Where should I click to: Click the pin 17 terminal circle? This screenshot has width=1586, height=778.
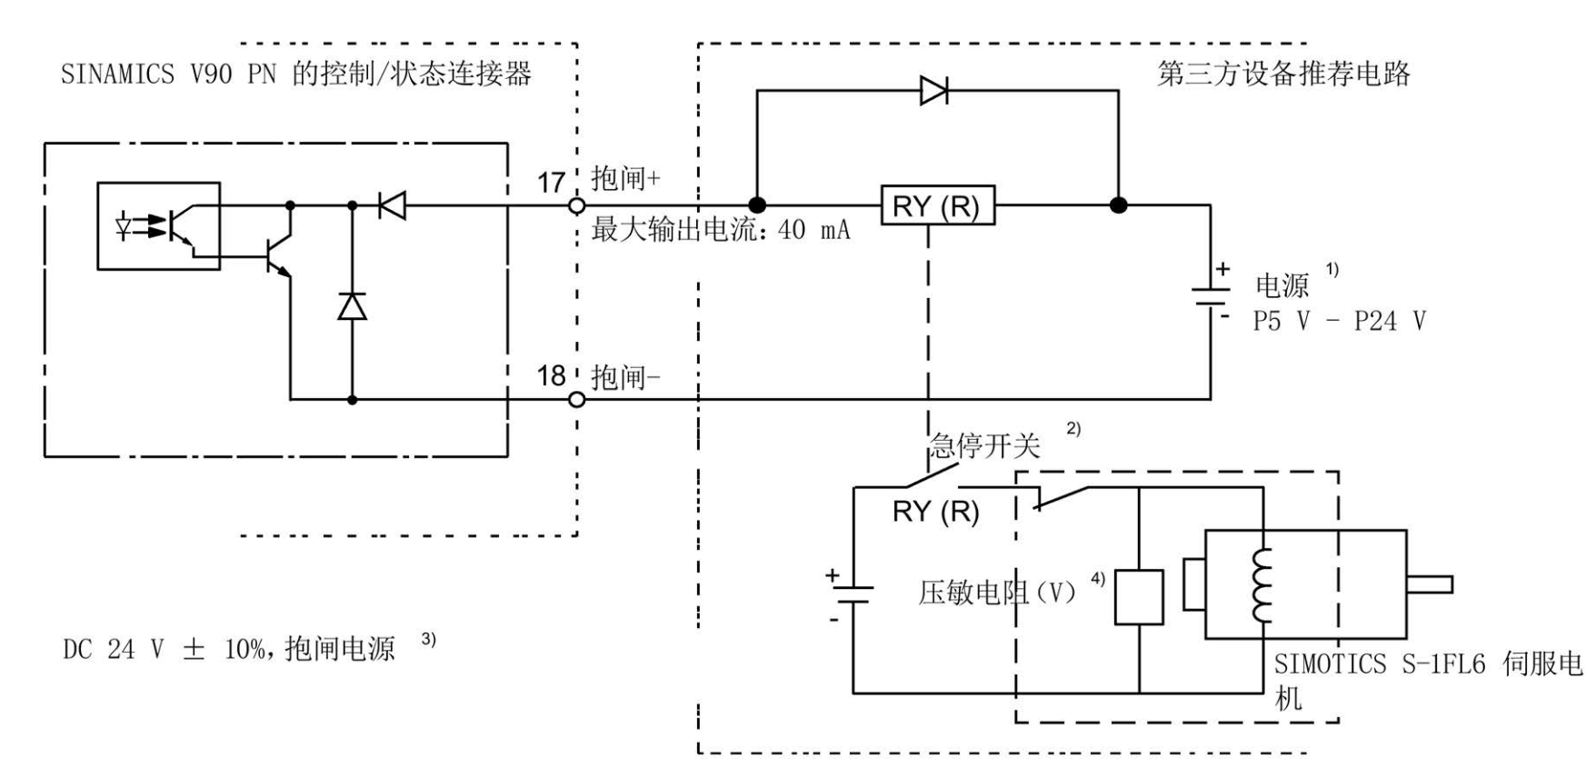click(x=576, y=206)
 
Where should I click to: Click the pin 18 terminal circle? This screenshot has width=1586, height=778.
click(x=576, y=399)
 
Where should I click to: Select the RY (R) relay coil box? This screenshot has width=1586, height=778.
click(x=937, y=206)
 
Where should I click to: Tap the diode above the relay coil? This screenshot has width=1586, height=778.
click(x=933, y=91)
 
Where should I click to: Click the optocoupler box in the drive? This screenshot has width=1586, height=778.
click(x=159, y=225)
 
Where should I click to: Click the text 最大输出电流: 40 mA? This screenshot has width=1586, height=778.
click(x=721, y=230)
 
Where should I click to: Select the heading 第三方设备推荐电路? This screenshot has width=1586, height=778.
click(x=1282, y=74)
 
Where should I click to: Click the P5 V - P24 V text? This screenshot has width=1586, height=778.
click(x=1339, y=321)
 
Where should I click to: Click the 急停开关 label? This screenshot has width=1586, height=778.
click(x=984, y=445)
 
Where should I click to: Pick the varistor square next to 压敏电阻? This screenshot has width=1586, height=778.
click(x=1139, y=597)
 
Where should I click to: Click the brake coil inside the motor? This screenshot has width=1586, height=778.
click(x=1262, y=585)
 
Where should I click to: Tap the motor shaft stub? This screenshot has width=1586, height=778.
click(x=1429, y=584)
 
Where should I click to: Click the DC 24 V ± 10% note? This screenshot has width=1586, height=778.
click(x=229, y=649)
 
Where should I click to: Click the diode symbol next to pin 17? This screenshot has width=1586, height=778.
click(x=393, y=206)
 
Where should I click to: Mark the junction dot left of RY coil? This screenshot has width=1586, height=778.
click(x=756, y=206)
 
